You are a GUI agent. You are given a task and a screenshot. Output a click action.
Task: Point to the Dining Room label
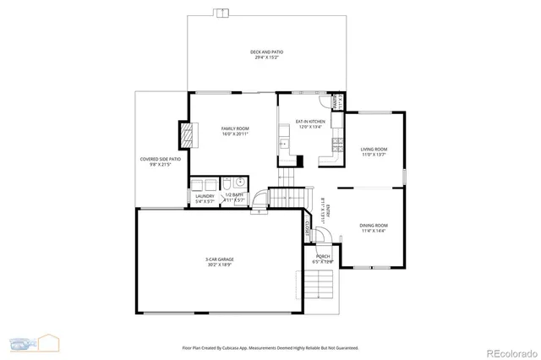[x=373, y=227]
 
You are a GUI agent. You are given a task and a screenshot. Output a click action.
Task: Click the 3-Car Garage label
[x=219, y=261]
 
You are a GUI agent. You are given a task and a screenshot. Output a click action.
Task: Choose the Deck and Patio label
[x=266, y=55]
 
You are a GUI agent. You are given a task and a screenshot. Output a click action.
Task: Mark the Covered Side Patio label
[x=161, y=161]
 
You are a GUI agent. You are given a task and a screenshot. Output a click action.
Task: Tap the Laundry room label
[x=205, y=198]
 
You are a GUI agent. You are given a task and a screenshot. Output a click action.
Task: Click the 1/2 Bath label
[x=234, y=198]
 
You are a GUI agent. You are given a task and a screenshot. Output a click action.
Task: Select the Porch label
[x=323, y=258]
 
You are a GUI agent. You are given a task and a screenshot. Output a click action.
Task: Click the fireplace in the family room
[x=186, y=135]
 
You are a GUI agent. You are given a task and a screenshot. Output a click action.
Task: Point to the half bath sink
[x=240, y=183]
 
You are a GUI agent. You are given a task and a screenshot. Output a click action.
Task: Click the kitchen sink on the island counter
[x=285, y=145]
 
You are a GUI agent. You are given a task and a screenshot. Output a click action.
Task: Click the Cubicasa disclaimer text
[x=270, y=347]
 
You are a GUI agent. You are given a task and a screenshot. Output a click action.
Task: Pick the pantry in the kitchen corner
[x=336, y=102]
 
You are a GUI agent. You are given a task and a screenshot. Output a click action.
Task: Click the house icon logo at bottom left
[x=48, y=342]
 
